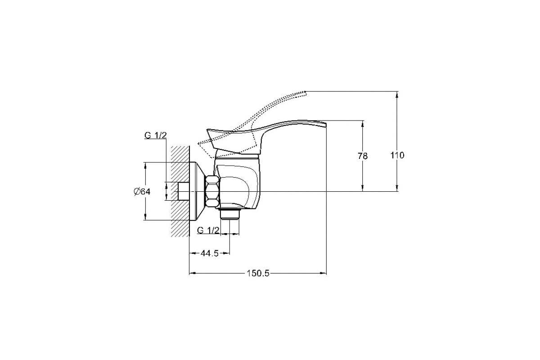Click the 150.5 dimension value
257,274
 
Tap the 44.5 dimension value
209,253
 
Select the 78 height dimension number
363,156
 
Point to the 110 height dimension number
397,155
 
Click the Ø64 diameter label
142,192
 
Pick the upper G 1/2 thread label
156,135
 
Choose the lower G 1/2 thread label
208,230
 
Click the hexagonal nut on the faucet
212,192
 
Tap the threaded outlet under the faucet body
230,214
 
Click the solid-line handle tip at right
325,124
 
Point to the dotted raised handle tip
305,93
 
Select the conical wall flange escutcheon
197,191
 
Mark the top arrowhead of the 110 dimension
397,95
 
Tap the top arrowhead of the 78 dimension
363,124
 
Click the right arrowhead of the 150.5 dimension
323,273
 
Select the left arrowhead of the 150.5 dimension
193,273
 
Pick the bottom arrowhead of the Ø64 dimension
145,216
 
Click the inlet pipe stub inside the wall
184,191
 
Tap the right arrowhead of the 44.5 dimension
226,253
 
